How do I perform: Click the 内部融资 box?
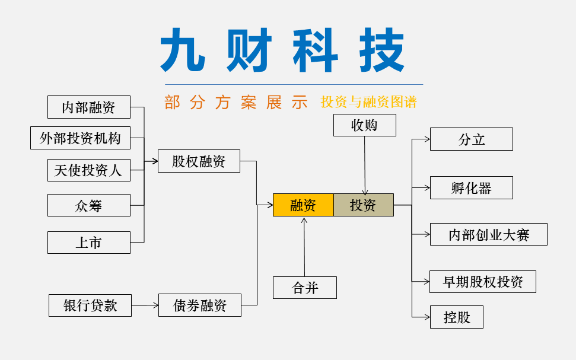tap(88, 107)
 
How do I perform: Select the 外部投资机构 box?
tap(80, 138)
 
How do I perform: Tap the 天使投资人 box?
tap(88, 170)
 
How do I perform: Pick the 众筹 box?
tap(88, 206)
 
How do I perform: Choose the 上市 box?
tap(88, 243)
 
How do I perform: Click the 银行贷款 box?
tap(90, 305)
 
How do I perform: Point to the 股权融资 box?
tap(199, 161)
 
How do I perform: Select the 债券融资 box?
tap(199, 305)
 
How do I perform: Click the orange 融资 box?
tap(303, 205)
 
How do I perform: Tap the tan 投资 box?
tap(363, 205)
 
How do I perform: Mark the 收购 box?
tap(364, 126)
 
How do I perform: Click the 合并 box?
tap(305, 288)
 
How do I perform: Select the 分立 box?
tap(471, 139)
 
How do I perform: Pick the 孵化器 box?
tap(471, 188)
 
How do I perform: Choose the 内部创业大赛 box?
tap(488, 235)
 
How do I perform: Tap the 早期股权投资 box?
tap(482, 282)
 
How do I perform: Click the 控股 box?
tap(456, 317)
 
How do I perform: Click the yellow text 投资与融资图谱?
tap(368, 102)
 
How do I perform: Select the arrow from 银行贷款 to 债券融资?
tap(145, 305)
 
